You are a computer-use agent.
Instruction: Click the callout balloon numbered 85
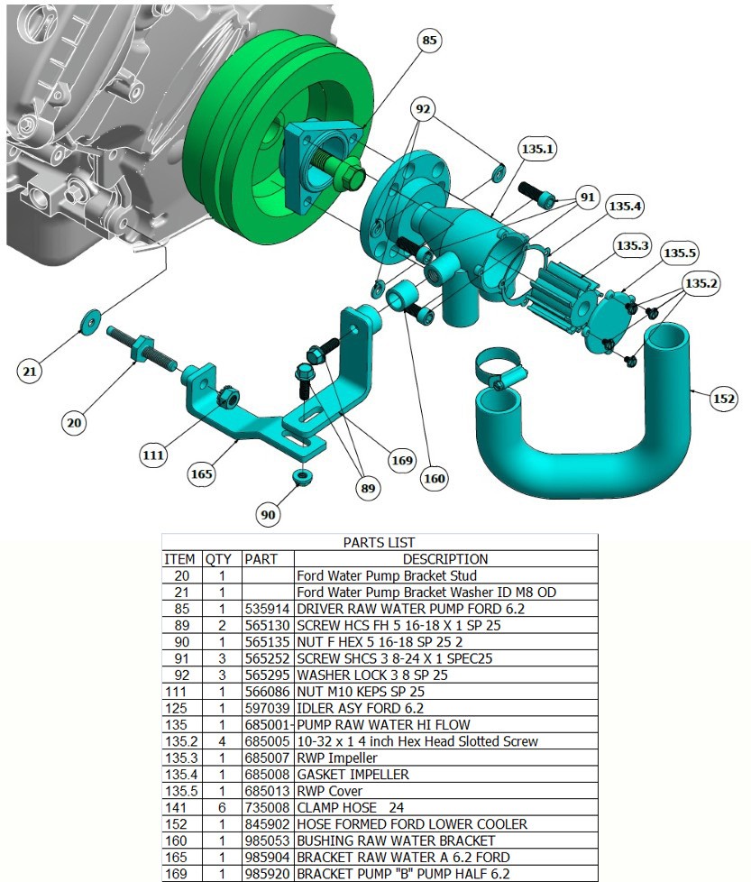[429, 41]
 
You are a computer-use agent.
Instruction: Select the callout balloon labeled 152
[724, 399]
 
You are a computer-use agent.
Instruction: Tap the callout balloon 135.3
[631, 245]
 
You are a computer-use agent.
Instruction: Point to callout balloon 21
[31, 371]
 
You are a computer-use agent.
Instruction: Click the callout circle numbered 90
[268, 515]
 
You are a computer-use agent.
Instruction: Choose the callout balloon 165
[202, 473]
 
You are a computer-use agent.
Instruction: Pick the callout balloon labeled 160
[435, 478]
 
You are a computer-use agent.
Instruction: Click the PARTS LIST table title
[380, 543]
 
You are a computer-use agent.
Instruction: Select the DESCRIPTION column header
[444, 559]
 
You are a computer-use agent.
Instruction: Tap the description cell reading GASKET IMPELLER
[353, 775]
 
